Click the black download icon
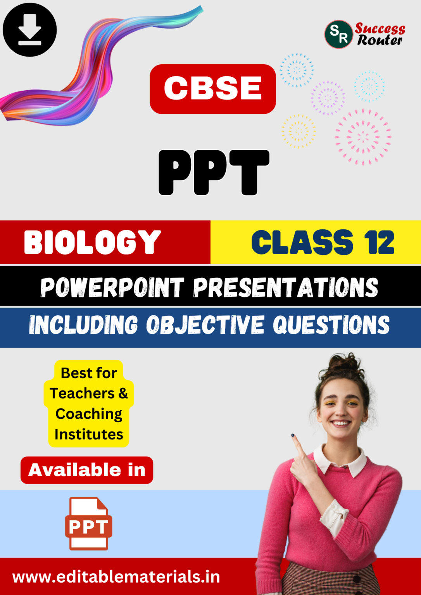click(29, 30)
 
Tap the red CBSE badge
click(212, 89)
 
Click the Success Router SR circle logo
click(338, 34)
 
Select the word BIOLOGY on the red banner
click(92, 242)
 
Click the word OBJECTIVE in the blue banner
click(205, 325)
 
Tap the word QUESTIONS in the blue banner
click(331, 325)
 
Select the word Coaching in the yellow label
click(89, 414)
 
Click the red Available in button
click(87, 470)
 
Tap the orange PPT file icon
click(88, 523)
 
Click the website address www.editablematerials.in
click(116, 577)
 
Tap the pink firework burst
click(363, 137)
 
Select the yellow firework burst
click(298, 131)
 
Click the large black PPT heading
click(214, 172)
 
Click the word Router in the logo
click(380, 40)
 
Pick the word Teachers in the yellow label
click(82, 393)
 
